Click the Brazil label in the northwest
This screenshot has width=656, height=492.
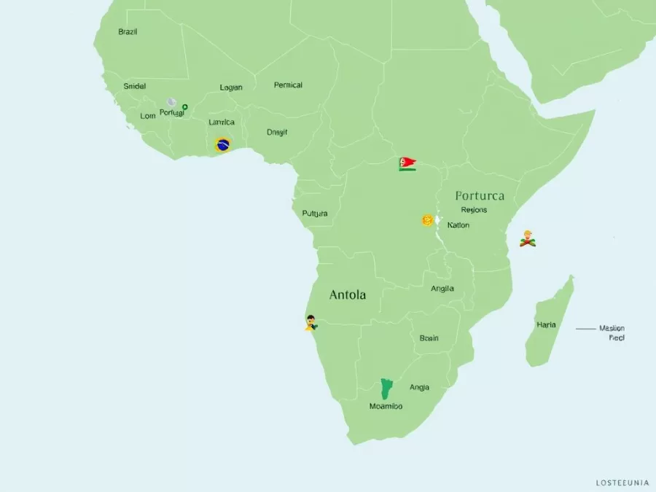[x=128, y=32]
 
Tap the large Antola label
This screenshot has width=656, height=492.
[x=348, y=295]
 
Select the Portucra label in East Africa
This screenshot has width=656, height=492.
[x=479, y=196]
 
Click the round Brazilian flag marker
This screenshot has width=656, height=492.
[x=223, y=144]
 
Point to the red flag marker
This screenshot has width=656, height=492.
[x=407, y=163]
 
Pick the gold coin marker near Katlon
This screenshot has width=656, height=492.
[x=427, y=219]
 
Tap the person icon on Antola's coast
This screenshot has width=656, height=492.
[x=311, y=322]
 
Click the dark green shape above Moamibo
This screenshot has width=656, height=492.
[x=386, y=388]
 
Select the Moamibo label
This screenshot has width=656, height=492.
[x=386, y=406]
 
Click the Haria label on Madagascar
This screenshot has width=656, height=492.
[x=546, y=324]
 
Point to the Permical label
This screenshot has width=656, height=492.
[x=288, y=85]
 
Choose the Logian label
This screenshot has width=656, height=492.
[x=231, y=87]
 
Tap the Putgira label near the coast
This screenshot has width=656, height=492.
[x=315, y=214]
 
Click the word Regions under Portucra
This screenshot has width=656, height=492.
[x=474, y=210]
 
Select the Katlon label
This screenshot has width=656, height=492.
[x=458, y=225]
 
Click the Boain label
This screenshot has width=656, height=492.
[x=429, y=338]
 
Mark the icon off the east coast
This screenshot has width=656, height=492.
[x=527, y=238]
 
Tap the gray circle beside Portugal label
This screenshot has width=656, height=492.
[x=171, y=103]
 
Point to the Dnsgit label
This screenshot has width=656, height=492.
[x=277, y=133]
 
